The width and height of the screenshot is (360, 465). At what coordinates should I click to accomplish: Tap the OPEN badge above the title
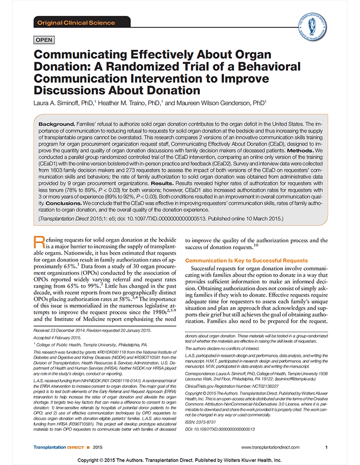click(x=45, y=40)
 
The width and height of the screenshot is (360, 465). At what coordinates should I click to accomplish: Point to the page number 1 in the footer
click(x=326, y=447)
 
